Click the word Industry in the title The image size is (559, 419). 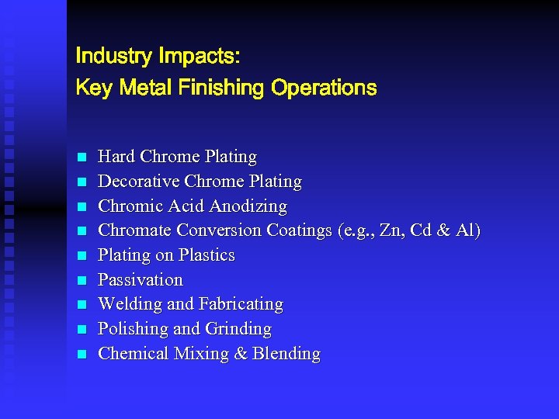tap(113, 57)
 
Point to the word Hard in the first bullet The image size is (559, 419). tap(116, 157)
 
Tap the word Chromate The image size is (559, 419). tap(135, 230)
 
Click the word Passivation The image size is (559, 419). tap(141, 280)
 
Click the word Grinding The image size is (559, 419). tap(238, 329)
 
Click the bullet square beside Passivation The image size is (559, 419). tap(82, 281)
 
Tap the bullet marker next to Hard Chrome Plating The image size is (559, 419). tap(82, 158)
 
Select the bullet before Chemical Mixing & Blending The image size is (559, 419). tap(82, 355)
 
